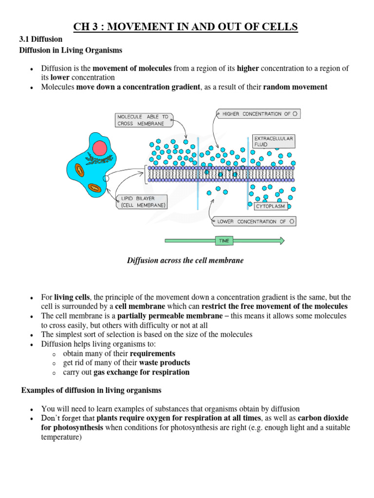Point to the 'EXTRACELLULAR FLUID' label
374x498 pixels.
(x=273, y=142)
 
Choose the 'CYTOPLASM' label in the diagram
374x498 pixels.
(x=270, y=206)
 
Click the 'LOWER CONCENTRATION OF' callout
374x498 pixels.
(x=254, y=221)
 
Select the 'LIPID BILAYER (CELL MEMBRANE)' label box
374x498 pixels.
(x=142, y=202)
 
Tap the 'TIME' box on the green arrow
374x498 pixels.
(x=224, y=240)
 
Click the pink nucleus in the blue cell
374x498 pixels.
(x=100, y=148)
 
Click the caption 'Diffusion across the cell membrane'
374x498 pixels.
(x=185, y=261)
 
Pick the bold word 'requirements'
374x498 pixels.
(x=153, y=354)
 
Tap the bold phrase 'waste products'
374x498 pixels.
(x=165, y=363)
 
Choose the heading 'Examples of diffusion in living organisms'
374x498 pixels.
(x=91, y=391)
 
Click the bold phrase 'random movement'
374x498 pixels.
(x=295, y=87)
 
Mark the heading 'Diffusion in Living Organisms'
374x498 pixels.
(x=71, y=50)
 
